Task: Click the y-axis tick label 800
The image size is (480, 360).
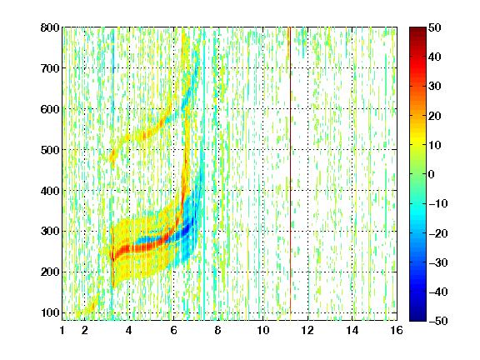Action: (x=50, y=27)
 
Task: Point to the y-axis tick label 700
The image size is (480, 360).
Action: (x=50, y=68)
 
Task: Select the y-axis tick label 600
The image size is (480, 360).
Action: (x=50, y=109)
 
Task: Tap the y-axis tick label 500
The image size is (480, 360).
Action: (x=50, y=150)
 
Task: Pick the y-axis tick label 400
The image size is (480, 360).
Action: (x=50, y=191)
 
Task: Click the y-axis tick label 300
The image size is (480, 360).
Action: (x=50, y=231)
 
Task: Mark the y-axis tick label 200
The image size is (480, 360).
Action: (x=50, y=272)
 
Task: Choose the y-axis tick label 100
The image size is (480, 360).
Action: (x=50, y=312)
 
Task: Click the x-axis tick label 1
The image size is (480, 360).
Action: (x=62, y=330)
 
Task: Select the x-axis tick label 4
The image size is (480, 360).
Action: (x=129, y=330)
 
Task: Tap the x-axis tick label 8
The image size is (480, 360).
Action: (x=218, y=330)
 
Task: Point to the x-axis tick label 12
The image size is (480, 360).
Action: (x=307, y=330)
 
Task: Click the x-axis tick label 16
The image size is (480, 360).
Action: (x=397, y=330)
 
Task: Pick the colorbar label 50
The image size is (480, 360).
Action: (x=435, y=27)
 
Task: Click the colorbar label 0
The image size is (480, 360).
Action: (x=432, y=174)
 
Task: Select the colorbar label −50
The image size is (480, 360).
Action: (x=438, y=321)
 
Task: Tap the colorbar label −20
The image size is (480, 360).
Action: (x=438, y=233)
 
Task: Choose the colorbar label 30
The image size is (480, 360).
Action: (x=435, y=87)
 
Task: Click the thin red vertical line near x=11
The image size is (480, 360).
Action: (x=290, y=170)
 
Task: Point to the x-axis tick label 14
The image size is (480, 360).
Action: (x=352, y=330)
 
